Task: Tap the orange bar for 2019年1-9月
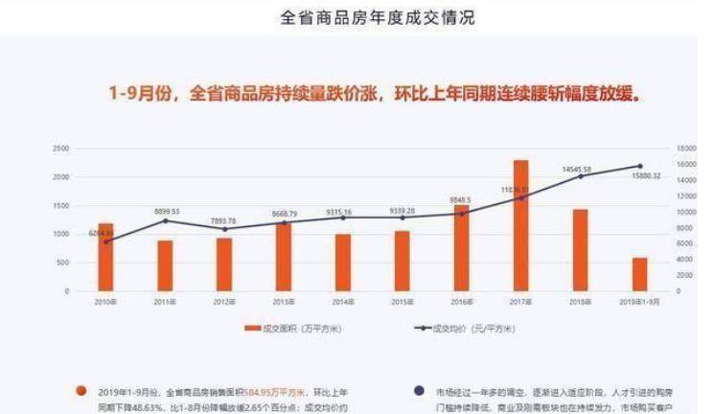click(640, 274)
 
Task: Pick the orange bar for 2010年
click(105, 257)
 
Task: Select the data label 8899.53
click(166, 211)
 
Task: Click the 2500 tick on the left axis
click(61, 149)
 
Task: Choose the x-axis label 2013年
click(283, 301)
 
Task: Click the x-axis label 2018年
click(580, 301)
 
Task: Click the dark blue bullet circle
click(418, 391)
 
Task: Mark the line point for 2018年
click(580, 176)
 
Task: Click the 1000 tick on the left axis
click(61, 234)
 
